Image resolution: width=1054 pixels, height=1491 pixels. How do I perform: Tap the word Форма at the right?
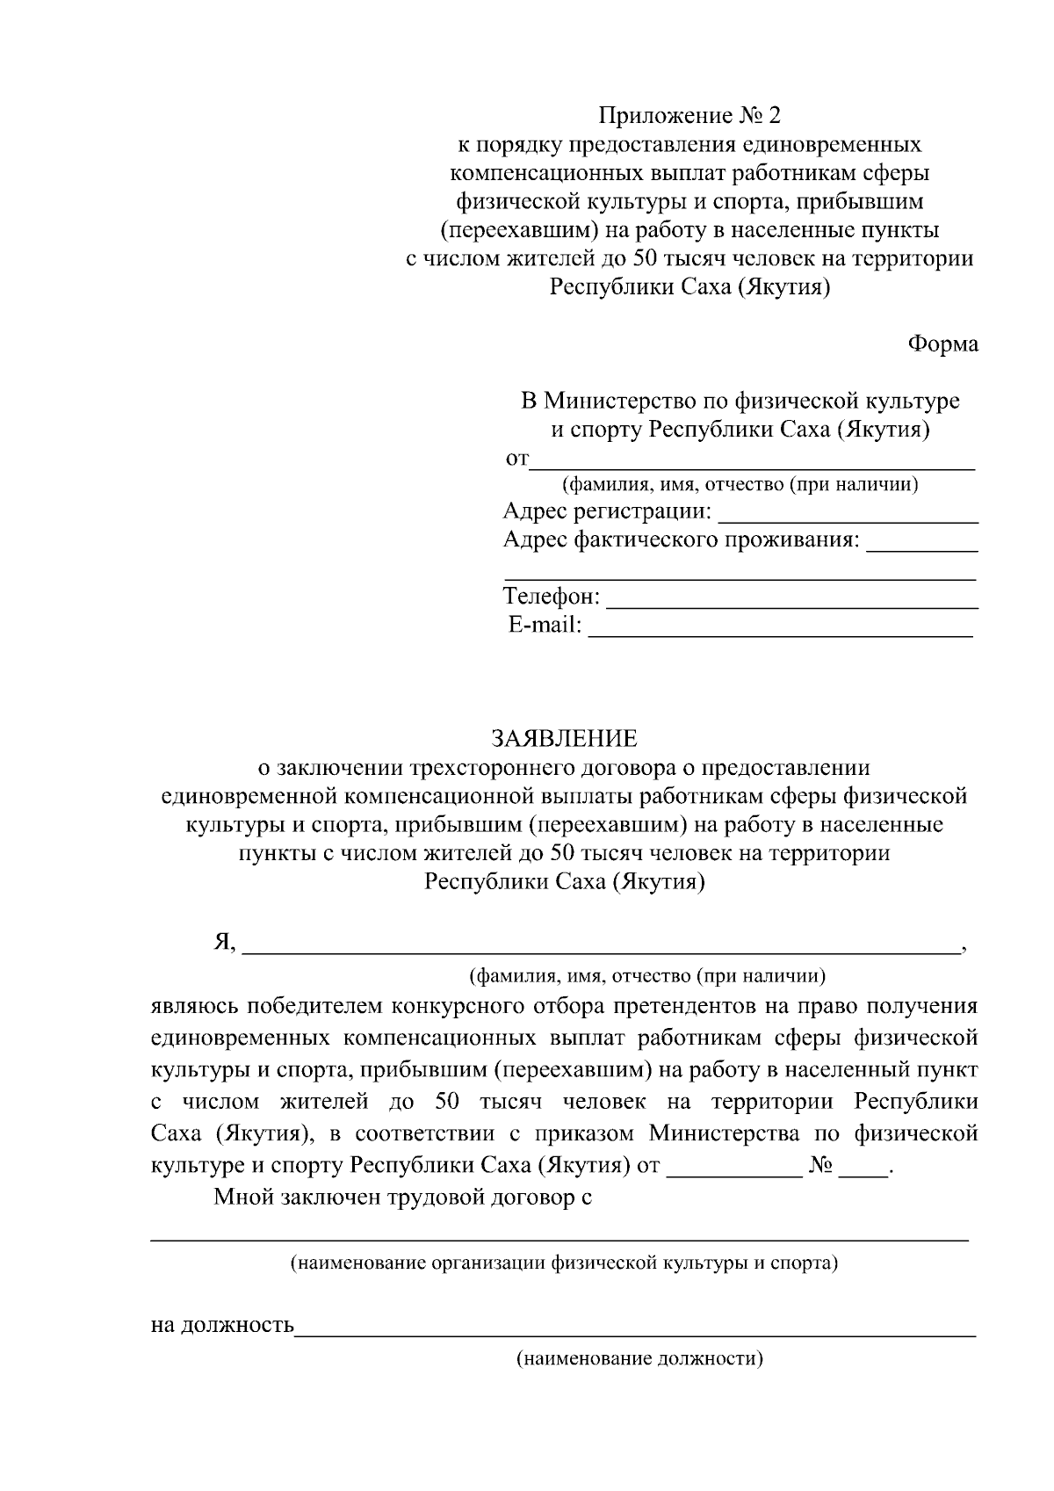tap(942, 344)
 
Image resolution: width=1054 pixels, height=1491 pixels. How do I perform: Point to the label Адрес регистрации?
tap(607, 511)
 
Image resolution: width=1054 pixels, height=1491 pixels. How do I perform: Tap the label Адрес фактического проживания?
tap(681, 539)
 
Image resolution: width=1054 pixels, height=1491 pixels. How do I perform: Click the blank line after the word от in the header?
tap(753, 467)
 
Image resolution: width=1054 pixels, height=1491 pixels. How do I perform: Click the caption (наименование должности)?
tap(639, 1359)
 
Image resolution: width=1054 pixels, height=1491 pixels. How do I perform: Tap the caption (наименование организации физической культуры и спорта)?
tap(563, 1263)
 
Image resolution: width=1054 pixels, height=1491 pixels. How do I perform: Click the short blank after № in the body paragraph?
tap(863, 1174)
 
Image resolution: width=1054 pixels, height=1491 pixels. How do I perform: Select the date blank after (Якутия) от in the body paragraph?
tap(734, 1174)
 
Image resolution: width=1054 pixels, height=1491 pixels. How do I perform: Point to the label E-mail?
tap(545, 626)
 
